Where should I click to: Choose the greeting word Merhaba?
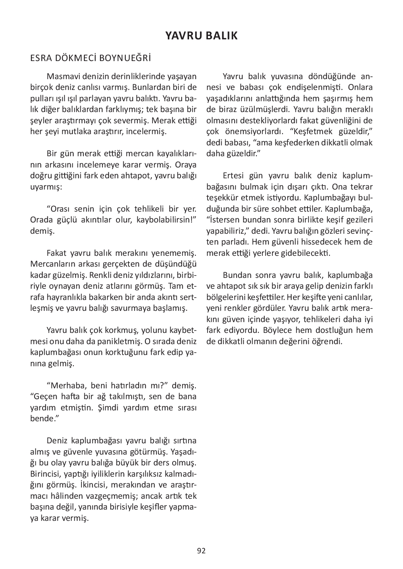point(66,386)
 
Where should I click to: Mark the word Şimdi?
point(108,408)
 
